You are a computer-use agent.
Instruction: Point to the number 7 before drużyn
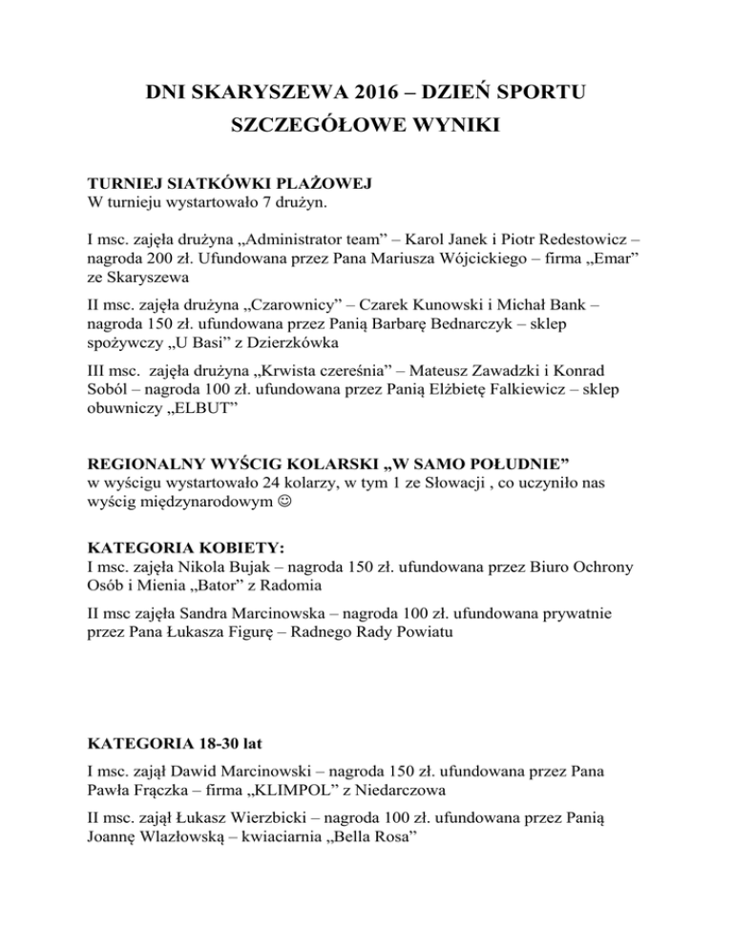coord(241,202)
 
